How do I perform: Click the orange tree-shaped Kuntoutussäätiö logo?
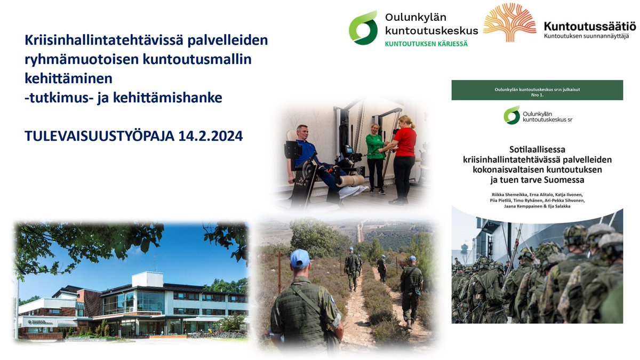(509, 22)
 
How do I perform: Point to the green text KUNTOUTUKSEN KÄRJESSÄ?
(426, 44)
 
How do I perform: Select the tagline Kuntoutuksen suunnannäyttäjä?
(586, 36)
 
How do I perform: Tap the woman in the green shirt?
(375, 155)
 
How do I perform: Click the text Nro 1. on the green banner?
(537, 95)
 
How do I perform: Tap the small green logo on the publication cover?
(512, 115)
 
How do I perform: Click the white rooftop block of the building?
(147, 279)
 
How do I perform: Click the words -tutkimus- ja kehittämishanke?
(123, 98)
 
